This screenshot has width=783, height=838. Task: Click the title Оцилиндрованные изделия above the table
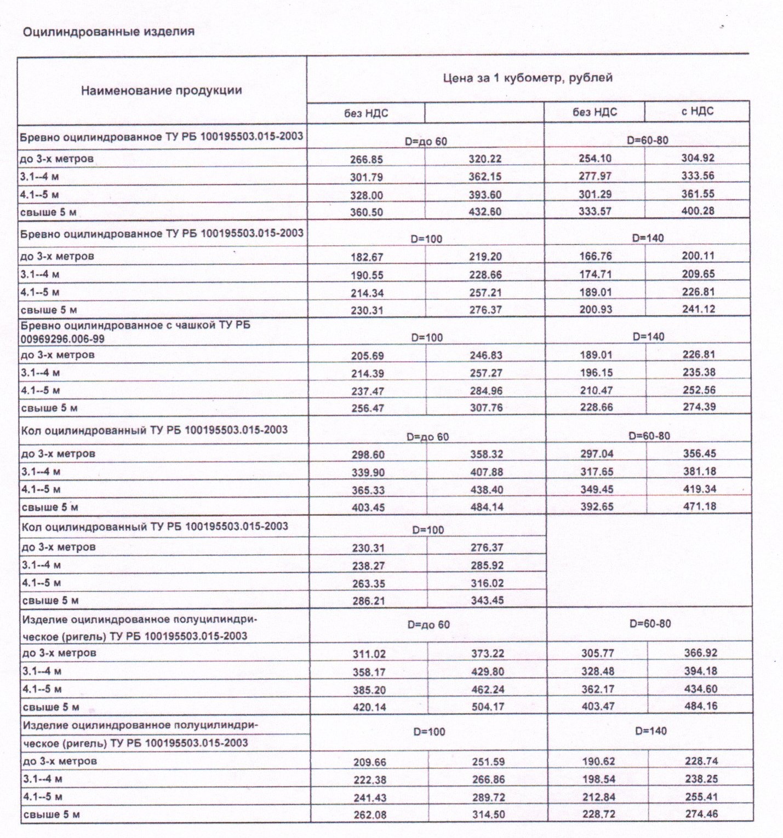[x=108, y=32]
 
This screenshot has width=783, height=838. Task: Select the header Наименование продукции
[x=161, y=90]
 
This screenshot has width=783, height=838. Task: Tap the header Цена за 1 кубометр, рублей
[x=527, y=78]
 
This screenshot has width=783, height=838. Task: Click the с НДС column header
[x=697, y=111]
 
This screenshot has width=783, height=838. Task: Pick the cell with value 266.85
[x=367, y=160]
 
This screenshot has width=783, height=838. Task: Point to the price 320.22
[x=485, y=159]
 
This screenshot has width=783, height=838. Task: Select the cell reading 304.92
[x=698, y=158]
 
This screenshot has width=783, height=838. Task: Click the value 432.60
[x=485, y=212]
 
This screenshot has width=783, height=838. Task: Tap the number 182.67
[x=367, y=257]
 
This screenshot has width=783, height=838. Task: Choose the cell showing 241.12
[x=699, y=309]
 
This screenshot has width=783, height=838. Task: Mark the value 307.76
[x=486, y=408]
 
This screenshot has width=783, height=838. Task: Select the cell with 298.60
[x=368, y=455]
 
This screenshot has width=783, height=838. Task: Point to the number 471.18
[x=699, y=506]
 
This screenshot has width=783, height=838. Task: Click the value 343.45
[x=487, y=600]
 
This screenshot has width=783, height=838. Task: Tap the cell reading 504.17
[x=488, y=707]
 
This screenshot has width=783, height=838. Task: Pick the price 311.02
[x=369, y=654]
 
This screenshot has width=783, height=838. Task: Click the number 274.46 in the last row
[x=701, y=814]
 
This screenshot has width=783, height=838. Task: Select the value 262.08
[x=370, y=815]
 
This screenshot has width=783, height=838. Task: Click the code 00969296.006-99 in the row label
[x=62, y=339]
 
